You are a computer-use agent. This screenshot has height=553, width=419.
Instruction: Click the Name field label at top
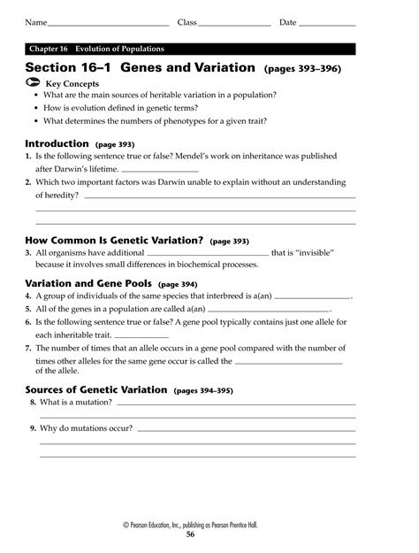[x=35, y=21]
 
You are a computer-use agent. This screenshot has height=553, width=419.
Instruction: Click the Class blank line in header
[x=235, y=24]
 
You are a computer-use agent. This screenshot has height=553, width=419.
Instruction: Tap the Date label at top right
[x=287, y=21]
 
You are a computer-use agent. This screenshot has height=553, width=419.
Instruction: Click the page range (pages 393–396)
[x=302, y=68]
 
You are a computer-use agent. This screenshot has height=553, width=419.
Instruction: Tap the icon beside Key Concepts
[x=33, y=81]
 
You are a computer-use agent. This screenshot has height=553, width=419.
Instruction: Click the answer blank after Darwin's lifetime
[x=159, y=169]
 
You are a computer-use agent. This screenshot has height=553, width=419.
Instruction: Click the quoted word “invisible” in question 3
[x=316, y=253]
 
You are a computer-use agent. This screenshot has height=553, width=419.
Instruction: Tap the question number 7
[x=28, y=349]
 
